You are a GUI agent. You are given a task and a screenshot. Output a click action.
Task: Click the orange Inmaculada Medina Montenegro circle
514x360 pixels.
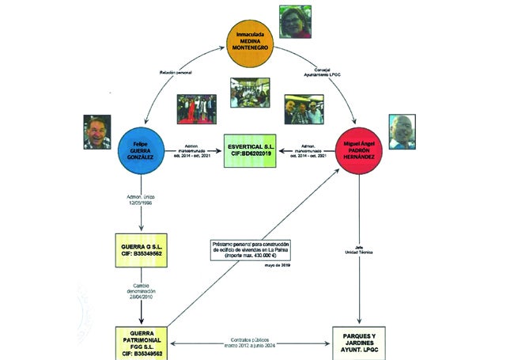pyautogui.click(x=251, y=42)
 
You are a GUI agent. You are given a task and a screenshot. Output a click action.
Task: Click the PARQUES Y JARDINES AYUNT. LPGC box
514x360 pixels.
pyautogui.click(x=361, y=341)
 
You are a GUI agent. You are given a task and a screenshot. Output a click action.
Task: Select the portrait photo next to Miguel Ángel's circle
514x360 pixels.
pyautogui.click(x=402, y=132)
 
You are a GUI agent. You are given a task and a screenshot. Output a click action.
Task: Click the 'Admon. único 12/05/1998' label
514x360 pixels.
pyautogui.click(x=142, y=198)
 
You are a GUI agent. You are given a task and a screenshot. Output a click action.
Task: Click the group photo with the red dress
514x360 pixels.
pyautogui.click(x=196, y=110)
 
